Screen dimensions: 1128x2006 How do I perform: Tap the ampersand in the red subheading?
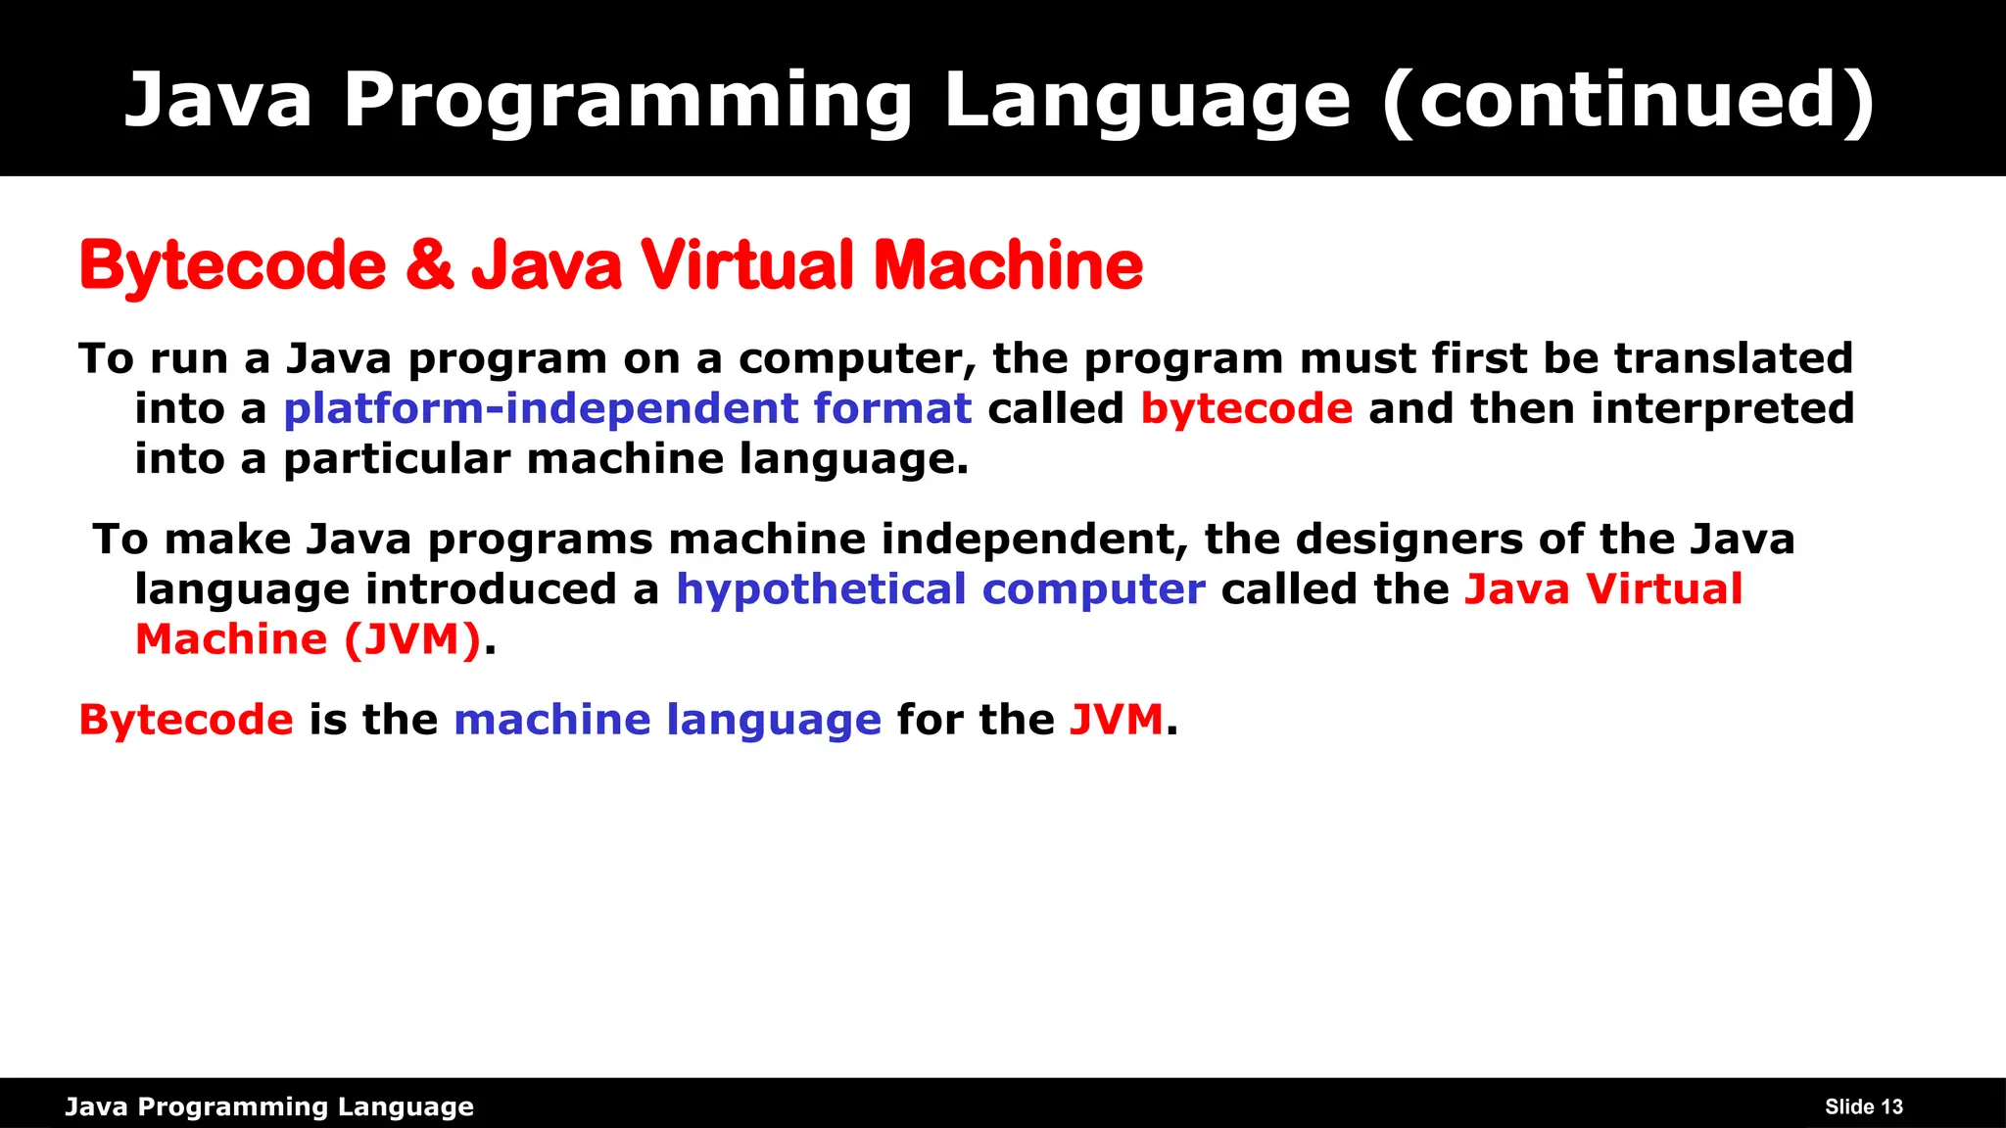tap(429, 264)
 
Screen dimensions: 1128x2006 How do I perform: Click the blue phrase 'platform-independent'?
tap(541, 408)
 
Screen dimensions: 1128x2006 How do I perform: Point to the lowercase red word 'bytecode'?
tap(1246, 408)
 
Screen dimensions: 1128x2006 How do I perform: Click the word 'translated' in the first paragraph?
tap(1734, 358)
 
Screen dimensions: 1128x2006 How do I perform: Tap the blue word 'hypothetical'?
tap(821, 589)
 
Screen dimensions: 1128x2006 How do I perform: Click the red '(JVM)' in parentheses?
tap(412, 639)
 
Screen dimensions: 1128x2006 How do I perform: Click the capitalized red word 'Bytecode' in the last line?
tap(186, 720)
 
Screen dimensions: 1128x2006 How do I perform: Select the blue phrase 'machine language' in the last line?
tap(667, 720)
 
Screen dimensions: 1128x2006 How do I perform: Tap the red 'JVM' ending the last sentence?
tap(1116, 720)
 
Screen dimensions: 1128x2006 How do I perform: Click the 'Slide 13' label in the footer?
tap(1863, 1106)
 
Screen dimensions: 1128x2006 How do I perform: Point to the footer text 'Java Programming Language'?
tap(269, 1106)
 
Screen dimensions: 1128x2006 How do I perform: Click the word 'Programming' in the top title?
tap(628, 100)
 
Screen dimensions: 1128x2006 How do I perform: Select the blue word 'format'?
tap(892, 408)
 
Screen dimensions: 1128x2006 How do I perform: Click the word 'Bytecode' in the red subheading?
tap(233, 264)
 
